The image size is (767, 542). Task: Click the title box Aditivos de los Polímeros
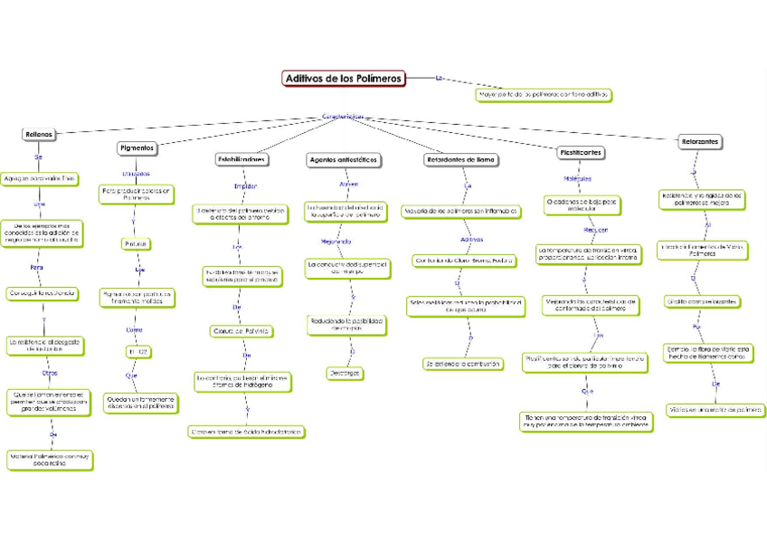[345, 79]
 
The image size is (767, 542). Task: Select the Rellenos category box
[39, 134]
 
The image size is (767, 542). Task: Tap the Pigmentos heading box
[138, 147]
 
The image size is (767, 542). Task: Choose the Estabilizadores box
[242, 159]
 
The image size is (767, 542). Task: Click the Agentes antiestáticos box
[344, 160]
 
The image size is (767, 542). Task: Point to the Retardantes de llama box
[461, 160]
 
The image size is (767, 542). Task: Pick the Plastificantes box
[581, 153]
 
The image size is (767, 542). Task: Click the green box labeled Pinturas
[136, 244]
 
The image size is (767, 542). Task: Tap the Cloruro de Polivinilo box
[241, 331]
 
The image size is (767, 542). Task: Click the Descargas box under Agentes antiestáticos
[345, 373]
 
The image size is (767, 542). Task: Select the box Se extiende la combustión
[462, 364]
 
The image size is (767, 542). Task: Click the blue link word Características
[344, 117]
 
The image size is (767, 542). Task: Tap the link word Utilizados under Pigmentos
[136, 174]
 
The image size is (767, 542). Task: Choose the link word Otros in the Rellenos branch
[50, 372]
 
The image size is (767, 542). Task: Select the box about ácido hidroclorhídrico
[245, 432]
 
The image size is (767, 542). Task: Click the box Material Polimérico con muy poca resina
[50, 460]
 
